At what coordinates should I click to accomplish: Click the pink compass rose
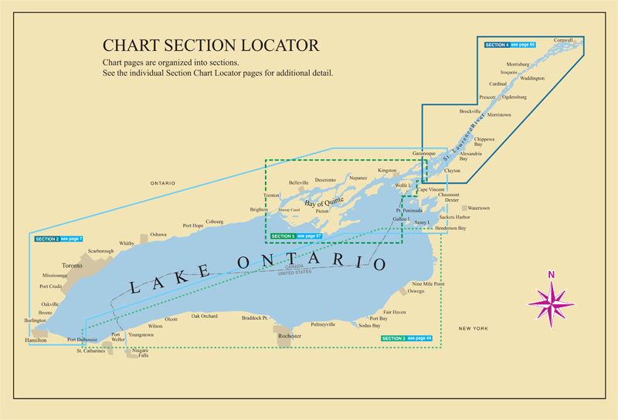click(x=552, y=298)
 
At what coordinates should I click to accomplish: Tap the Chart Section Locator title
click(x=211, y=46)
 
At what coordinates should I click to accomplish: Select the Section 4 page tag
click(x=510, y=46)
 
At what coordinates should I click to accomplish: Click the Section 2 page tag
click(x=59, y=239)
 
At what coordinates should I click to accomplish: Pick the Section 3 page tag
click(x=406, y=338)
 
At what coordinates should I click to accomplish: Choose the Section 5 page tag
click(x=297, y=235)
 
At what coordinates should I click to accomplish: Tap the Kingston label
click(x=387, y=170)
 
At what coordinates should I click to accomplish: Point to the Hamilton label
click(x=36, y=340)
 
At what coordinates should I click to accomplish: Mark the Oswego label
click(x=416, y=291)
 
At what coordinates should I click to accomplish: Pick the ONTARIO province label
click(x=162, y=183)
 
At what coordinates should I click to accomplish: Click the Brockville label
click(x=470, y=111)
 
